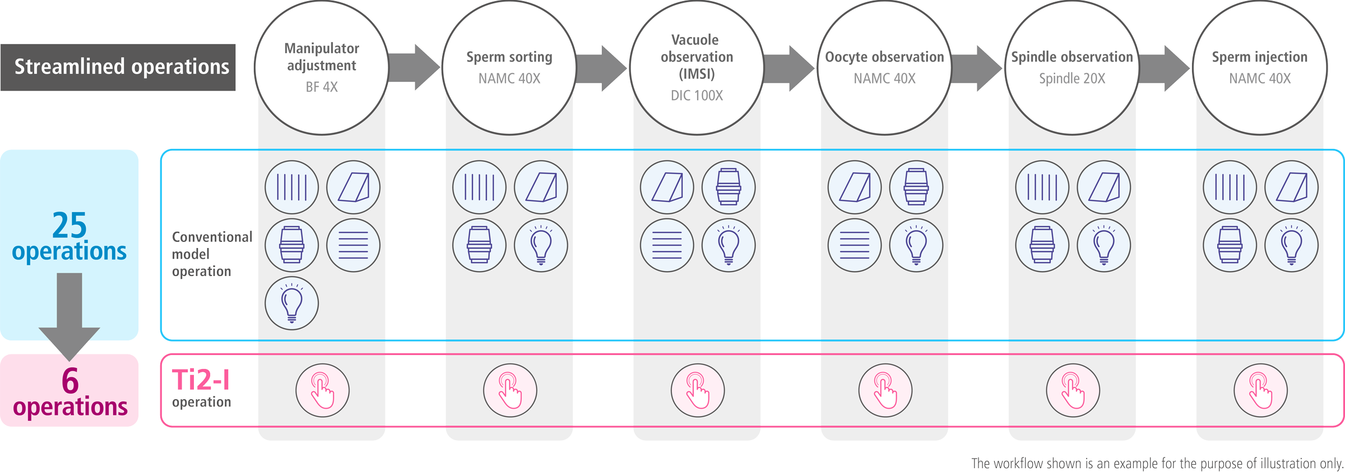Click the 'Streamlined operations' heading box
(x=118, y=67)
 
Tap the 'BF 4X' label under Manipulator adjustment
(x=322, y=87)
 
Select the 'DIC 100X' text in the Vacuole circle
(x=697, y=95)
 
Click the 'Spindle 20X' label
(x=1072, y=78)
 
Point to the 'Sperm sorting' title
(x=509, y=57)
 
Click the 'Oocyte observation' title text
(x=884, y=57)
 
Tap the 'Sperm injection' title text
(x=1259, y=57)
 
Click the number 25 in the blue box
(x=69, y=226)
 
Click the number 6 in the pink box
(x=70, y=381)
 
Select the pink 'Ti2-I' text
(x=201, y=380)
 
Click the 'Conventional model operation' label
(x=211, y=254)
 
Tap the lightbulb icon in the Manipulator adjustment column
(x=291, y=303)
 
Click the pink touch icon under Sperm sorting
(x=510, y=390)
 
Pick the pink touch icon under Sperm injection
(x=1260, y=390)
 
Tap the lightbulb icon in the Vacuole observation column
(x=729, y=245)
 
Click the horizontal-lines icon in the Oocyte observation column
(x=854, y=245)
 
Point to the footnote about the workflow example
(x=1157, y=463)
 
